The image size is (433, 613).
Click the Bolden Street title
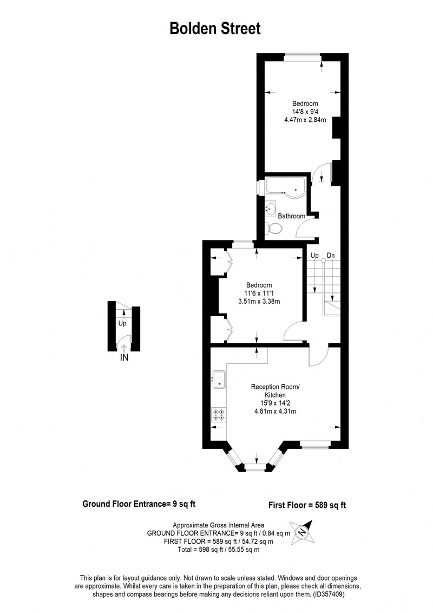click(x=215, y=29)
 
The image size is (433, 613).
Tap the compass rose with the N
click(x=301, y=532)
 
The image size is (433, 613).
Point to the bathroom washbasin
click(x=271, y=209)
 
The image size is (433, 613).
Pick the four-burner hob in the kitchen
click(x=219, y=415)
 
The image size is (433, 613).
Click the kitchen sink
click(x=220, y=379)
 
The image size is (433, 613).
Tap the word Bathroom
click(x=292, y=216)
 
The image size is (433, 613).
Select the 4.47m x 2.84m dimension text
click(x=305, y=120)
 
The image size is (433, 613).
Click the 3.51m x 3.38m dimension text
click(x=259, y=302)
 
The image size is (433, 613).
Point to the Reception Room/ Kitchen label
click(x=275, y=391)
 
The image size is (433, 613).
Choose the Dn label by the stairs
click(x=331, y=256)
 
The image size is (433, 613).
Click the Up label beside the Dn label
click(x=314, y=256)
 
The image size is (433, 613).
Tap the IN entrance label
click(x=124, y=357)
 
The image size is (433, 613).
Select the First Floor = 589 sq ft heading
click(x=307, y=505)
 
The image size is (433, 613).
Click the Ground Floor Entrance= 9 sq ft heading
click(x=139, y=504)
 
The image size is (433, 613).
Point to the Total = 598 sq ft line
click(x=219, y=550)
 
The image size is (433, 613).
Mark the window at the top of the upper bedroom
click(x=303, y=57)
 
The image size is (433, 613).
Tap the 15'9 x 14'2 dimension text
click(x=275, y=403)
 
